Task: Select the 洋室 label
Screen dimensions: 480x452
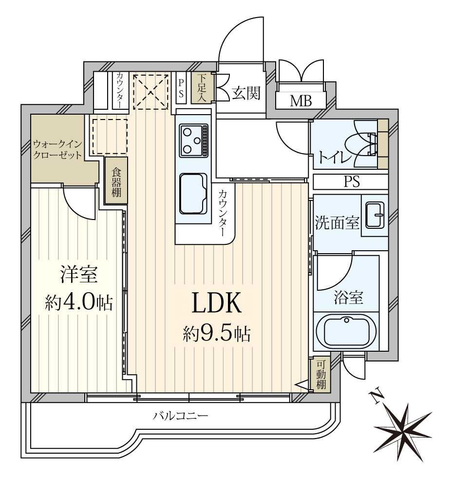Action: pos(79,275)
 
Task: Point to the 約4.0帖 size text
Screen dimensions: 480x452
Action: pos(79,303)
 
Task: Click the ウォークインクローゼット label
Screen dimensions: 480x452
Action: pos(57,150)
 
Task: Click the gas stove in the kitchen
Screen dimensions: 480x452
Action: pos(193,140)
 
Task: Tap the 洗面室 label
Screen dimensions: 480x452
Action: pos(337,223)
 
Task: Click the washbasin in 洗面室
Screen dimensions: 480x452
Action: pos(374,215)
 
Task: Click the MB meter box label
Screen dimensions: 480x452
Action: pos(301,101)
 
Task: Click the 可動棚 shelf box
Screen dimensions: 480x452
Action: pos(320,375)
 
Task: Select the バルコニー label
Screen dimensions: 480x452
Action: pos(181,416)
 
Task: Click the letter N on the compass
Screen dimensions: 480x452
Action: pos(375,397)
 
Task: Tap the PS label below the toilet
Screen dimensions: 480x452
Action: pos(351,182)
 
